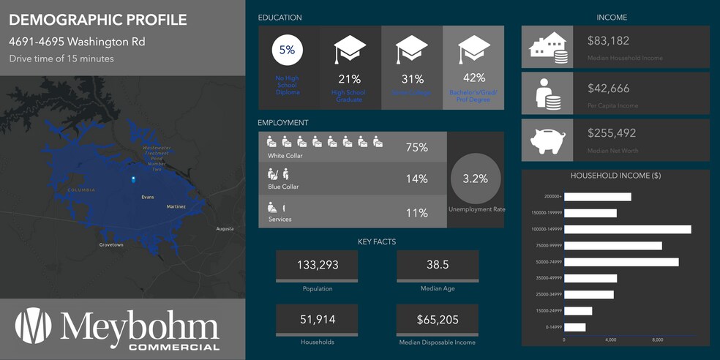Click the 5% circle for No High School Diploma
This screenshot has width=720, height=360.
[x=287, y=50]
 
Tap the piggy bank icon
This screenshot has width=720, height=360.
[x=547, y=139]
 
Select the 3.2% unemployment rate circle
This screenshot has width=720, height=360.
[x=475, y=178]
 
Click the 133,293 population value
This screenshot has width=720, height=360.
[x=317, y=265]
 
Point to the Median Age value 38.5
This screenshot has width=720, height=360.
[x=438, y=265]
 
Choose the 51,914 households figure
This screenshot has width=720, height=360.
[x=317, y=319]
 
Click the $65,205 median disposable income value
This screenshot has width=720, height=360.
[x=438, y=319]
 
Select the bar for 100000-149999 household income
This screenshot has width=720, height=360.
[x=628, y=230]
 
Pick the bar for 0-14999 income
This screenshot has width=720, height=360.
[x=575, y=327]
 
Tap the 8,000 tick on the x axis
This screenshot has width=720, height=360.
[x=657, y=340]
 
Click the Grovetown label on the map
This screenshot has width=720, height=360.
[x=111, y=245]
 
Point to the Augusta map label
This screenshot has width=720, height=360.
[x=225, y=229]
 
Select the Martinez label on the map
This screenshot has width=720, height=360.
[x=176, y=207]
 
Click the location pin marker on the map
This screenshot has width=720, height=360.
[x=132, y=179]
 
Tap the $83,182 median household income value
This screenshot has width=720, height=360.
[x=608, y=41]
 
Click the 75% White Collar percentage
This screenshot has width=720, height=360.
[x=416, y=147]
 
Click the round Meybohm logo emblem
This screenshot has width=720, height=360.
[x=34, y=326]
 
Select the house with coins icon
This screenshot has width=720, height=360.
[x=547, y=48]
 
